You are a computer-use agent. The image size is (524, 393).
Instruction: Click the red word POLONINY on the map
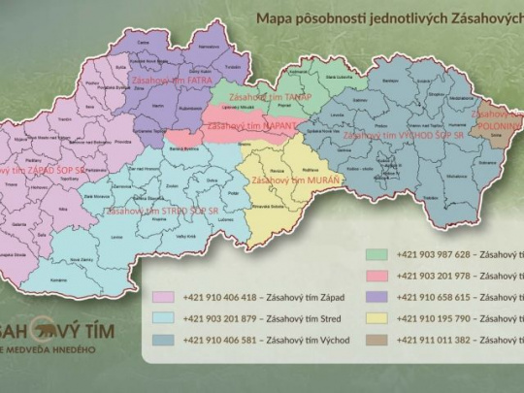pyautogui.click(x=497, y=124)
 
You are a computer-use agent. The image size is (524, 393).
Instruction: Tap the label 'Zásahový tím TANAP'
pyautogui.click(x=251, y=96)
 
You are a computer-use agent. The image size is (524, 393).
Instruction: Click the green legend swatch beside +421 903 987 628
pyautogui.click(x=380, y=254)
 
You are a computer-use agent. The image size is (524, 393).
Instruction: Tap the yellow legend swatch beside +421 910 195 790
pyautogui.click(x=380, y=318)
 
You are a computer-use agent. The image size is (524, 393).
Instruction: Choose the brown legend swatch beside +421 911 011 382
pyautogui.click(x=380, y=340)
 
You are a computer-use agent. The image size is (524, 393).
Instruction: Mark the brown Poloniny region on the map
pyautogui.click(x=500, y=136)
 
